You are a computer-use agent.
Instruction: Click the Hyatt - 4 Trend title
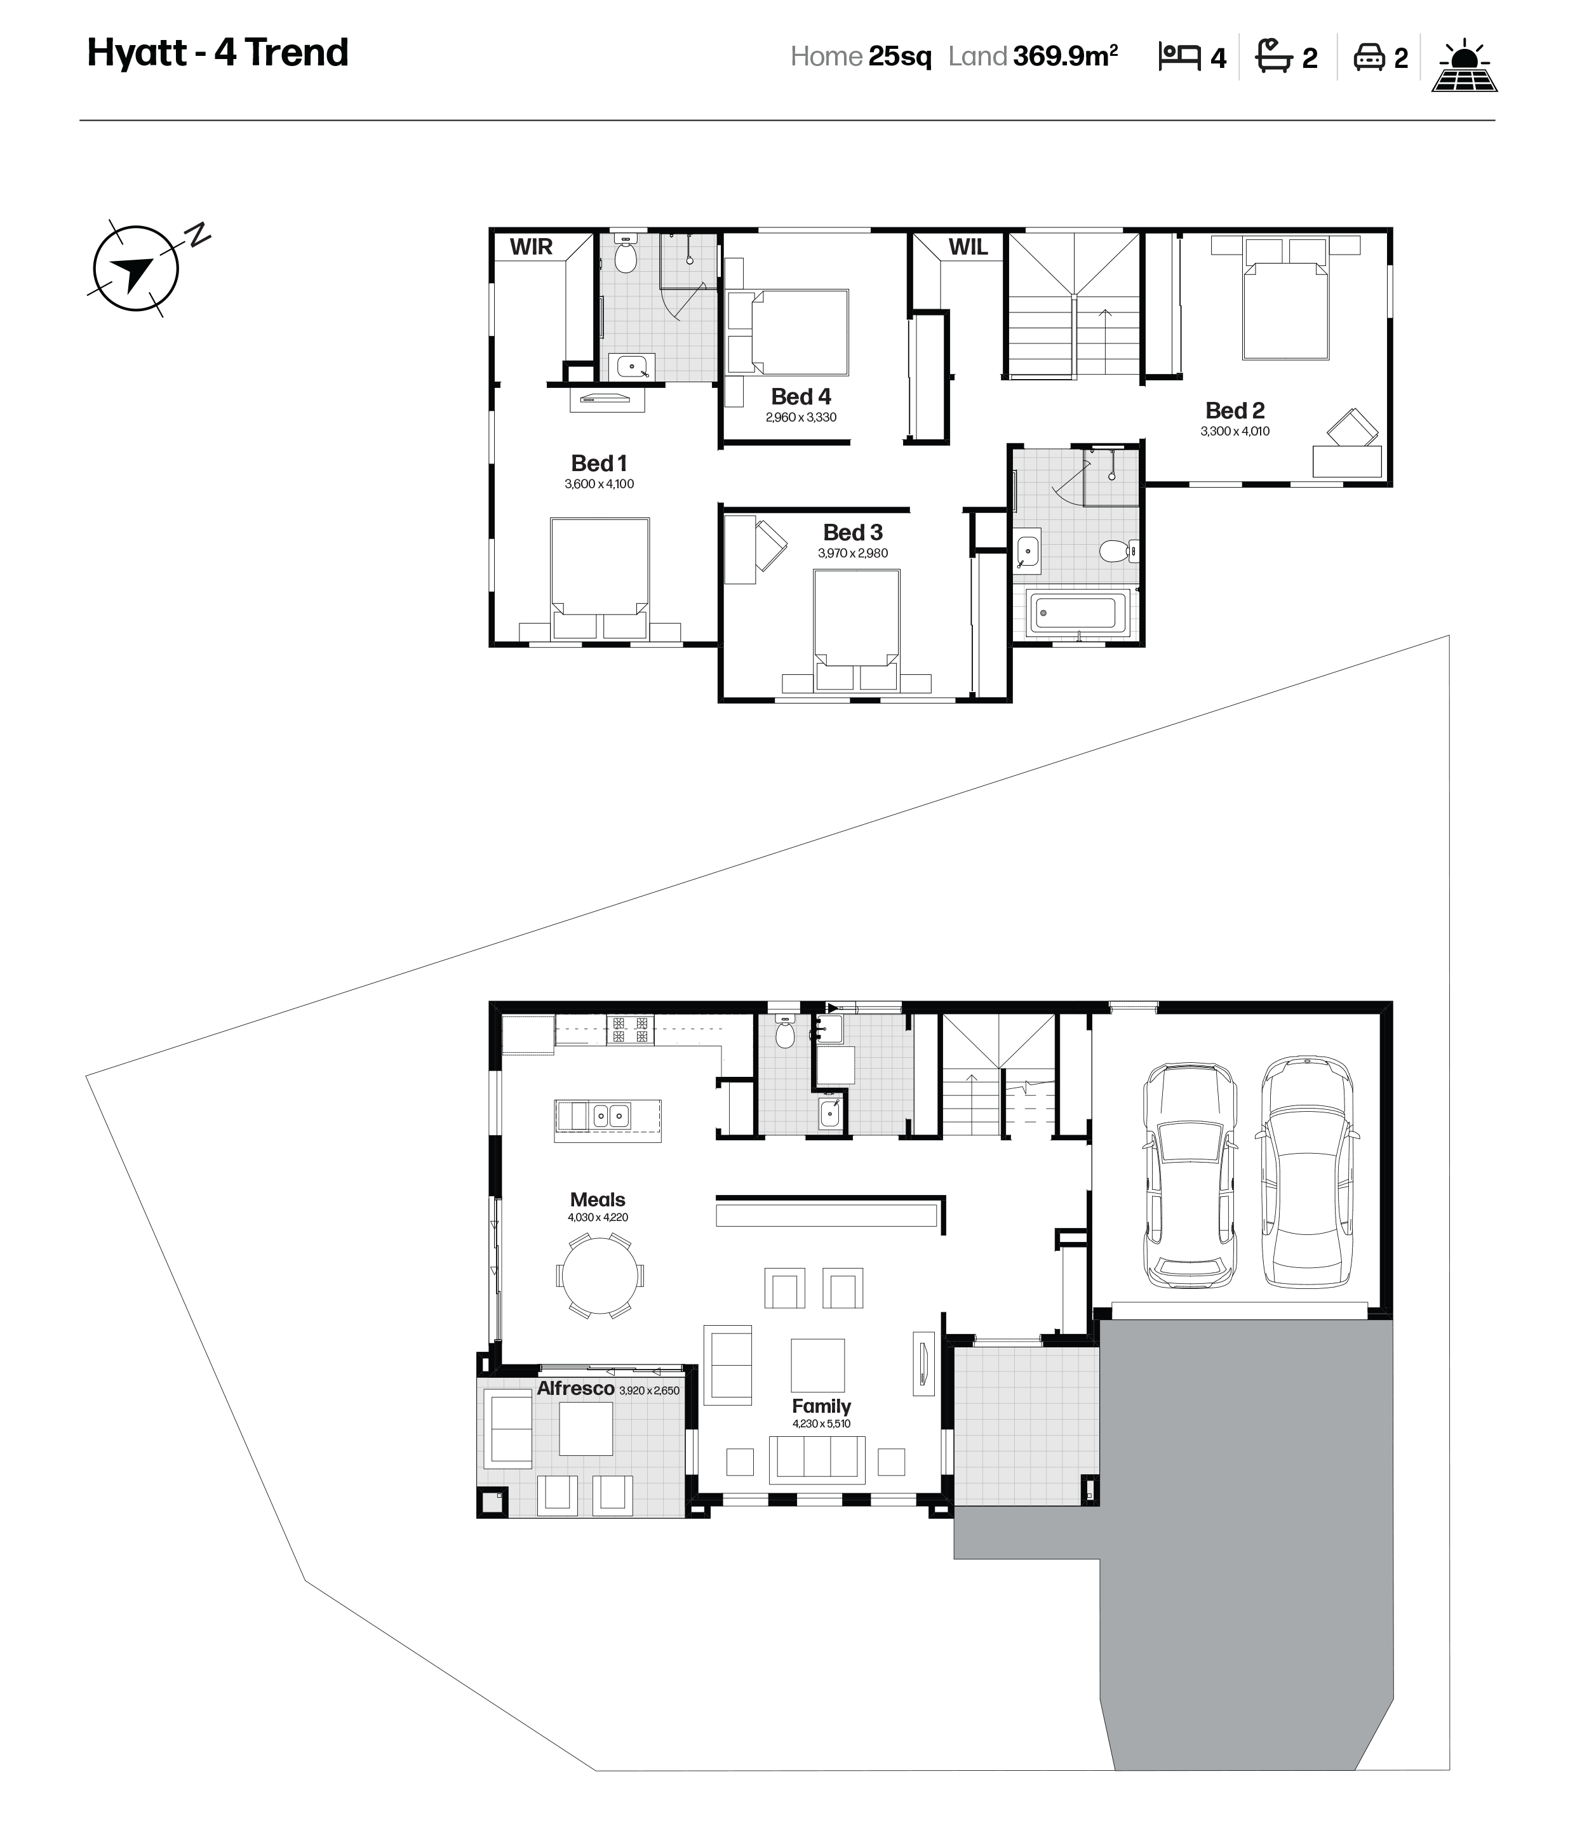(x=218, y=53)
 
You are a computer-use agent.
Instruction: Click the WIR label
(x=531, y=247)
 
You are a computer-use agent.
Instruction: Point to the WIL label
(x=968, y=247)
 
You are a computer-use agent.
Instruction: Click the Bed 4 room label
(x=801, y=396)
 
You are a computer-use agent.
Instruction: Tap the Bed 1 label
(x=598, y=463)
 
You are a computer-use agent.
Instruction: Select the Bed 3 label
(x=852, y=533)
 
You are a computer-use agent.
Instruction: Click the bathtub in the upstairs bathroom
(x=1078, y=611)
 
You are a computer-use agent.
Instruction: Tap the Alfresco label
(x=575, y=1389)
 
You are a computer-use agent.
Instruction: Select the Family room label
(x=821, y=1406)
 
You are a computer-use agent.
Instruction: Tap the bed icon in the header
(x=1179, y=57)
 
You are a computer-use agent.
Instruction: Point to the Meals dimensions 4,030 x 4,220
(x=598, y=1217)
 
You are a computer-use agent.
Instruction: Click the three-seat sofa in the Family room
(x=817, y=1460)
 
